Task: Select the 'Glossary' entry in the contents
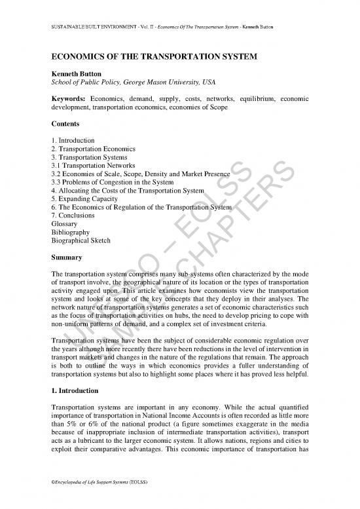click(x=63, y=224)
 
